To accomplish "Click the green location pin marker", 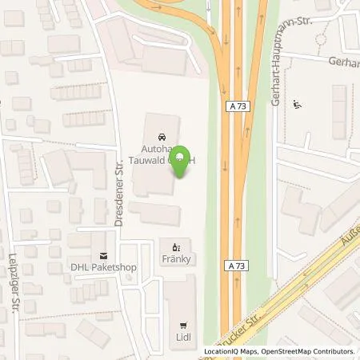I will point(182,161).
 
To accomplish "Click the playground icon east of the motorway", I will point(298,103).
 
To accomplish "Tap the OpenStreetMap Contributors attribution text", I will point(311,351).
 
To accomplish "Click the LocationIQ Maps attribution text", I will point(231,351).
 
